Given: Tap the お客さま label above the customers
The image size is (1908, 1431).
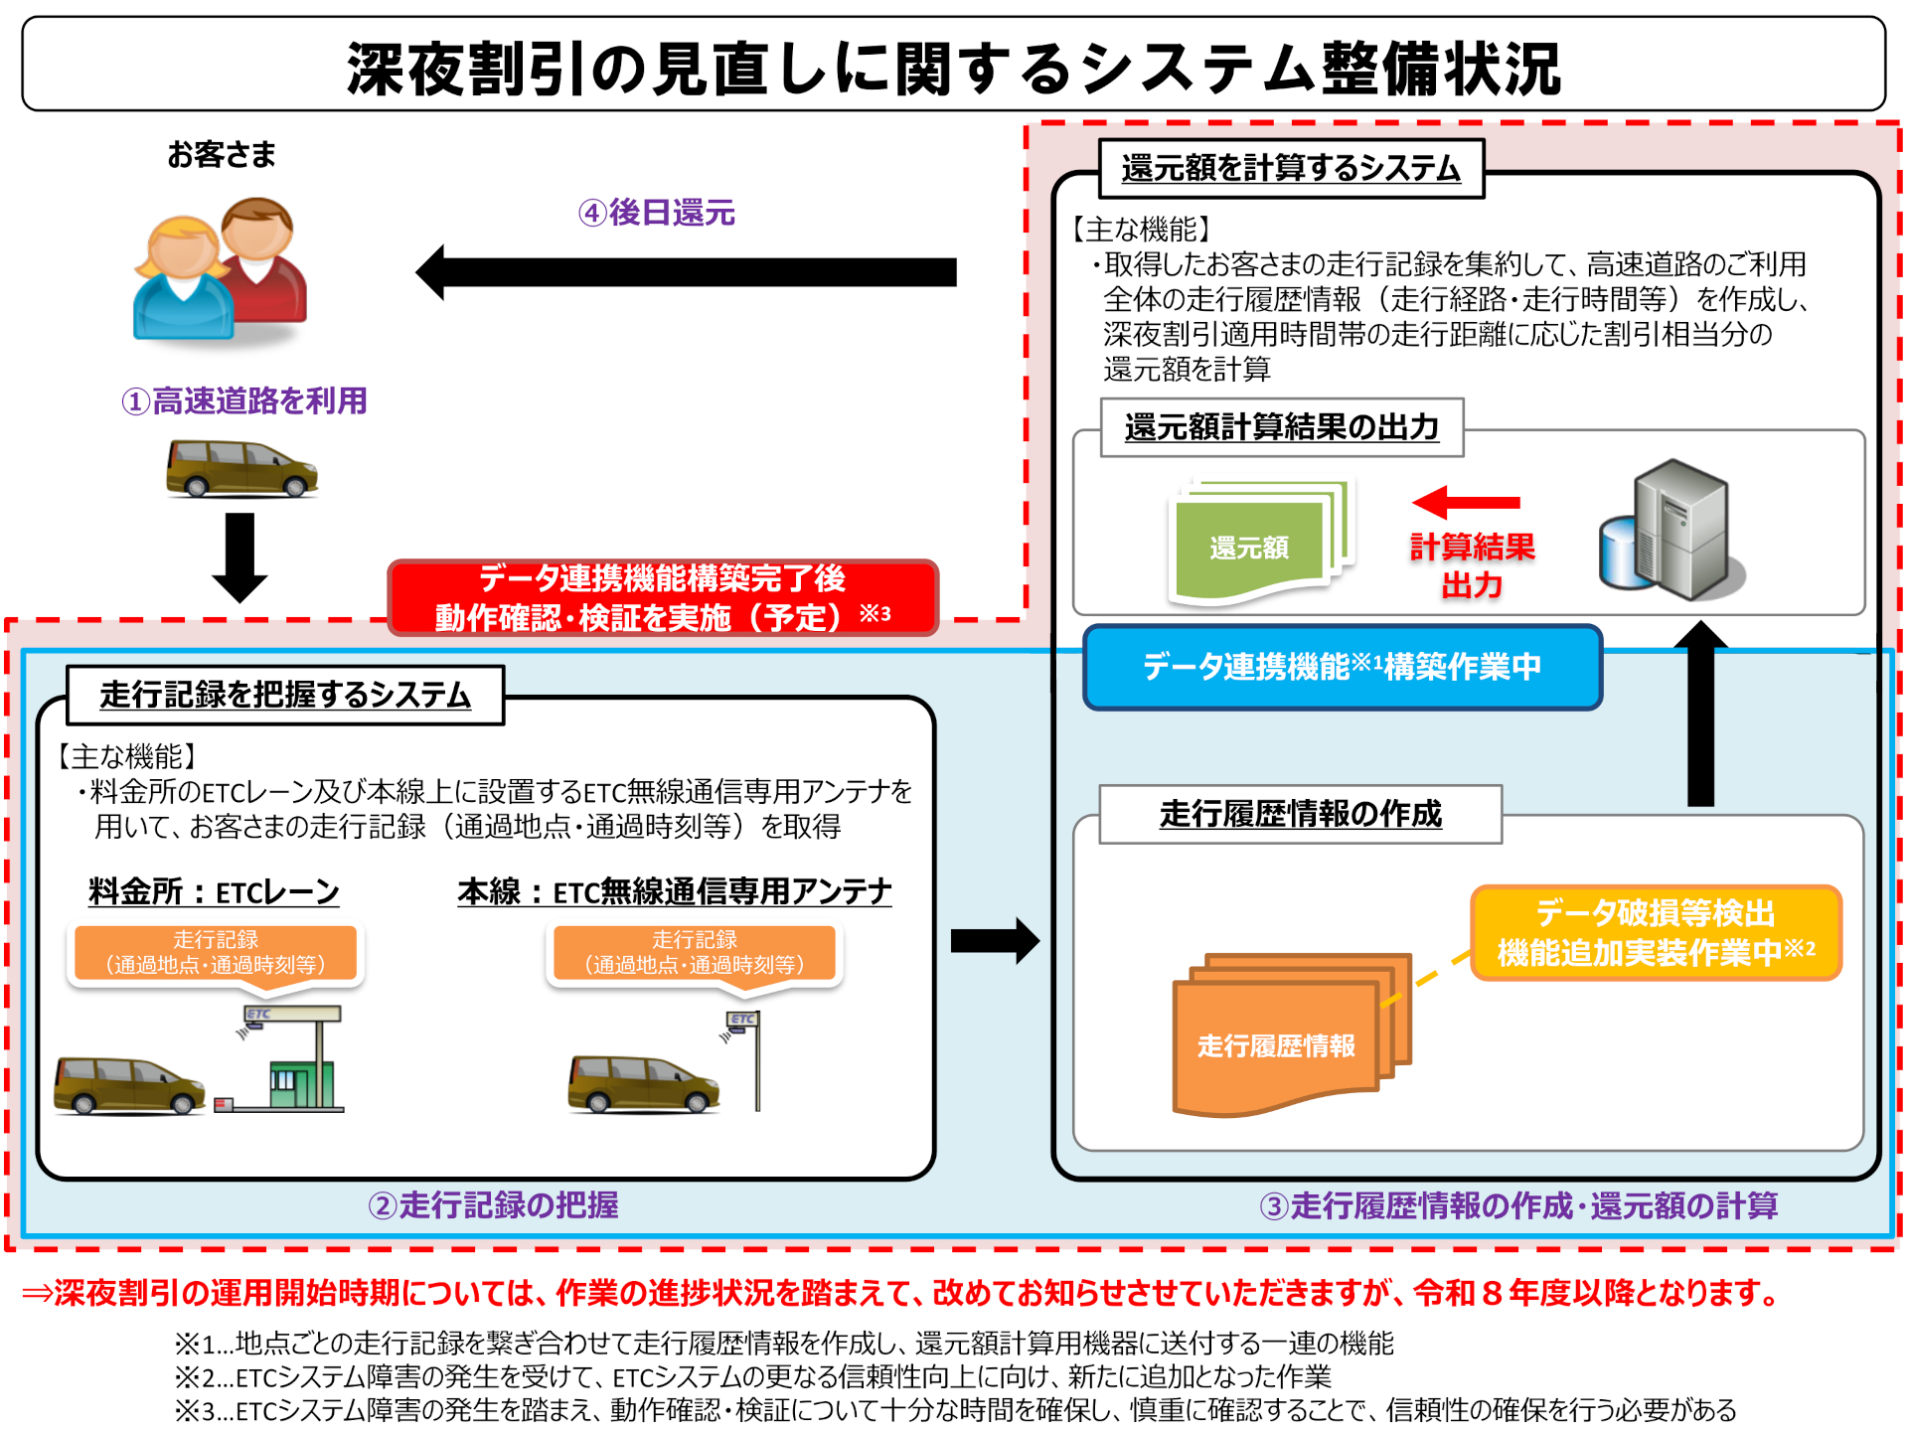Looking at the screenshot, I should (221, 155).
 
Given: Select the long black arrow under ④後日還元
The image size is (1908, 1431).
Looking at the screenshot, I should (686, 272).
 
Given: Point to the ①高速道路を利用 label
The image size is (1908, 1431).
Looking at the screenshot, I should (244, 400).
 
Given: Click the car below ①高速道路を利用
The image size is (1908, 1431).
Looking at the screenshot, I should (241, 468).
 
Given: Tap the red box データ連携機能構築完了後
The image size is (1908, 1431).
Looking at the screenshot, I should (663, 597).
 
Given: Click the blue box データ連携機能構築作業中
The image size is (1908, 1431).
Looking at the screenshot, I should (1342, 667).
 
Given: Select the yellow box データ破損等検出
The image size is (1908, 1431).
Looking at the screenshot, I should (1656, 932).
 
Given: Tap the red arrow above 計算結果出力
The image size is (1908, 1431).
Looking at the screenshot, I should (1466, 502).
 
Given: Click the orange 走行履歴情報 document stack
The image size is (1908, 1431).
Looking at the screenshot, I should (1282, 1038).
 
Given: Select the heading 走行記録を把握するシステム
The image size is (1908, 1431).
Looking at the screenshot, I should (285, 695).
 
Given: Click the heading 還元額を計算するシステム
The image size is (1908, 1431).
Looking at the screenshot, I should (1291, 168).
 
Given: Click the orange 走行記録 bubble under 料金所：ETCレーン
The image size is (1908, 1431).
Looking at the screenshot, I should (216, 952).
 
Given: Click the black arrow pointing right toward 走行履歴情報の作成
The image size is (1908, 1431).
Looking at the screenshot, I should (994, 940).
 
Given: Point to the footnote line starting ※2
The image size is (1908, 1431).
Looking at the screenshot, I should (752, 1376).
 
